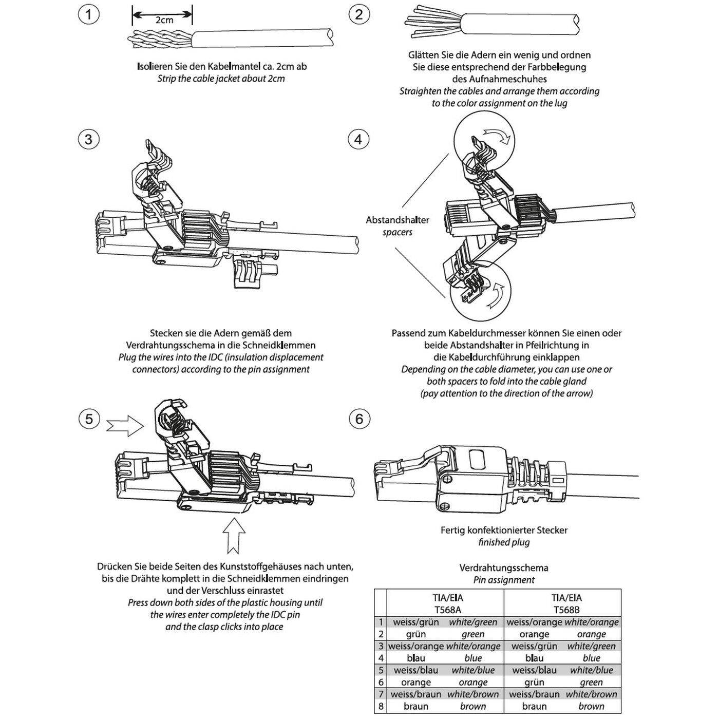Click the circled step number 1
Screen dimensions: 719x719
tap(88, 14)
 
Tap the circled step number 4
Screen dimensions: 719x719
tap(358, 139)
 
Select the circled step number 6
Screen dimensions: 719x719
tap(358, 419)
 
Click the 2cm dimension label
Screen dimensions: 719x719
tap(164, 20)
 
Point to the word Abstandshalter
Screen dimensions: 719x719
tap(397, 220)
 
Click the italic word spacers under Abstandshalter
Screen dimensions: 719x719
tap(397, 232)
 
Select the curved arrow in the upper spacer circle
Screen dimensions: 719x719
tap(497, 135)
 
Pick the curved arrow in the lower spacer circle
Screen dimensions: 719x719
tap(495, 297)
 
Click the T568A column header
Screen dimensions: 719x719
tap(445, 603)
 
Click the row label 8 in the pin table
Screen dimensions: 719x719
tap(381, 706)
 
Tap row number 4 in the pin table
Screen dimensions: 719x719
tap(381, 658)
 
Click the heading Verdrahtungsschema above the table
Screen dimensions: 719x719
tap(503, 567)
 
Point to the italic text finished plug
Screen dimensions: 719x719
tap(503, 542)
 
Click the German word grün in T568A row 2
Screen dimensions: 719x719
tap(415, 634)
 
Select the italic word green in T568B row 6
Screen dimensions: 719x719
tap(591, 682)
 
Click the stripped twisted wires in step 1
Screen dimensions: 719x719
tap(159, 38)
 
